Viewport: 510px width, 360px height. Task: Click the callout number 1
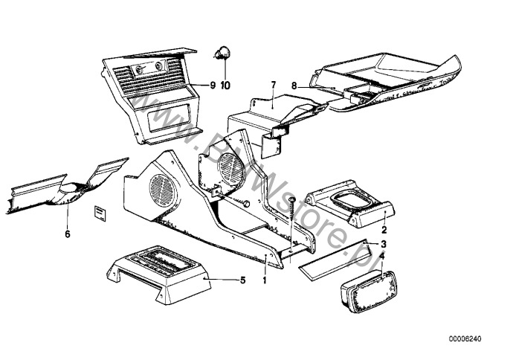click(x=265, y=280)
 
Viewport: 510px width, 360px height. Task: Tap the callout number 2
click(x=384, y=230)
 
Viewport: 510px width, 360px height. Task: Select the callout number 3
click(x=384, y=244)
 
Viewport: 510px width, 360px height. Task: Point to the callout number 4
click(x=382, y=256)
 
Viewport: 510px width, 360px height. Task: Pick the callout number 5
click(x=243, y=280)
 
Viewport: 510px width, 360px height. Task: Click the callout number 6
click(x=68, y=234)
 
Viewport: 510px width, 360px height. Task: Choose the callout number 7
click(x=274, y=85)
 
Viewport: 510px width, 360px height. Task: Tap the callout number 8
click(x=294, y=86)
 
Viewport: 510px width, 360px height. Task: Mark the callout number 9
click(x=213, y=86)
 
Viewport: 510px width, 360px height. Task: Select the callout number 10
click(x=225, y=86)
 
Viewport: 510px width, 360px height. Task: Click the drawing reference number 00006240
click(x=465, y=338)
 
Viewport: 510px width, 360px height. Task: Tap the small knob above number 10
click(x=222, y=54)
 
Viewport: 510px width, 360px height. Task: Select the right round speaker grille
click(x=231, y=169)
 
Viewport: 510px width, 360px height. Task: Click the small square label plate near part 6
click(x=100, y=213)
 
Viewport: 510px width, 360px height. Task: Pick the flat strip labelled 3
click(x=335, y=261)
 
